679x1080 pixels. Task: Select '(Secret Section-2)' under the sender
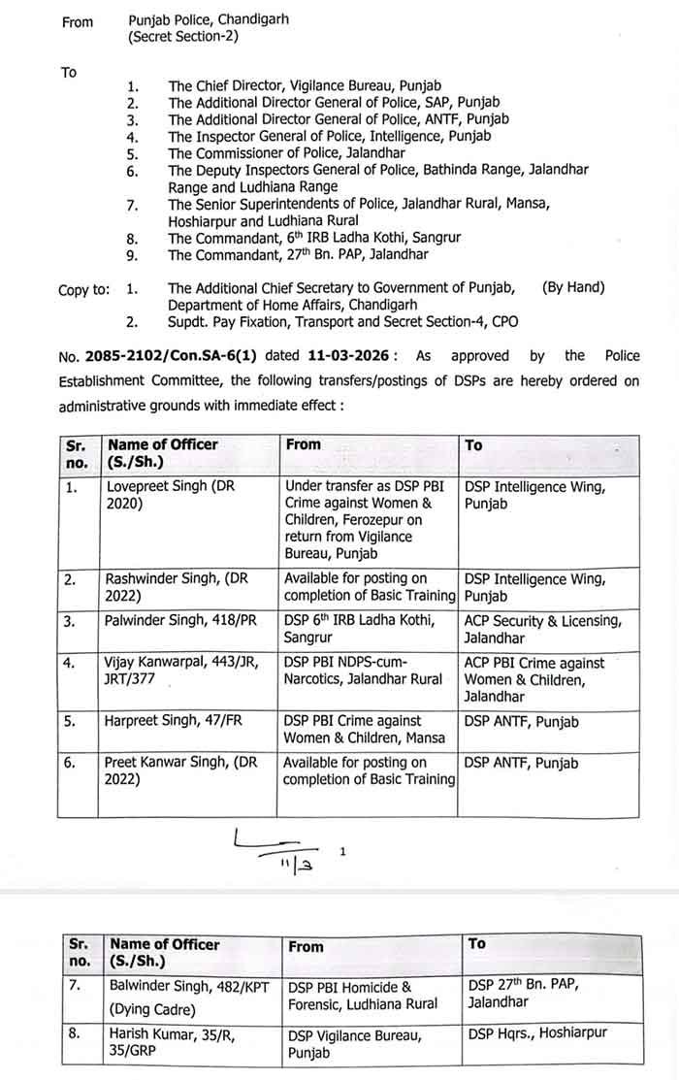pyautogui.click(x=183, y=37)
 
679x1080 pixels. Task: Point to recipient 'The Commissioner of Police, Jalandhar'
pyautogui.click(x=285, y=152)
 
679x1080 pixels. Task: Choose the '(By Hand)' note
pyautogui.click(x=573, y=287)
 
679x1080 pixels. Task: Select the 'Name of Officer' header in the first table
pyautogui.click(x=163, y=444)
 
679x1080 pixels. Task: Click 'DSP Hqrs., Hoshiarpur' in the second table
pyautogui.click(x=536, y=1032)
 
